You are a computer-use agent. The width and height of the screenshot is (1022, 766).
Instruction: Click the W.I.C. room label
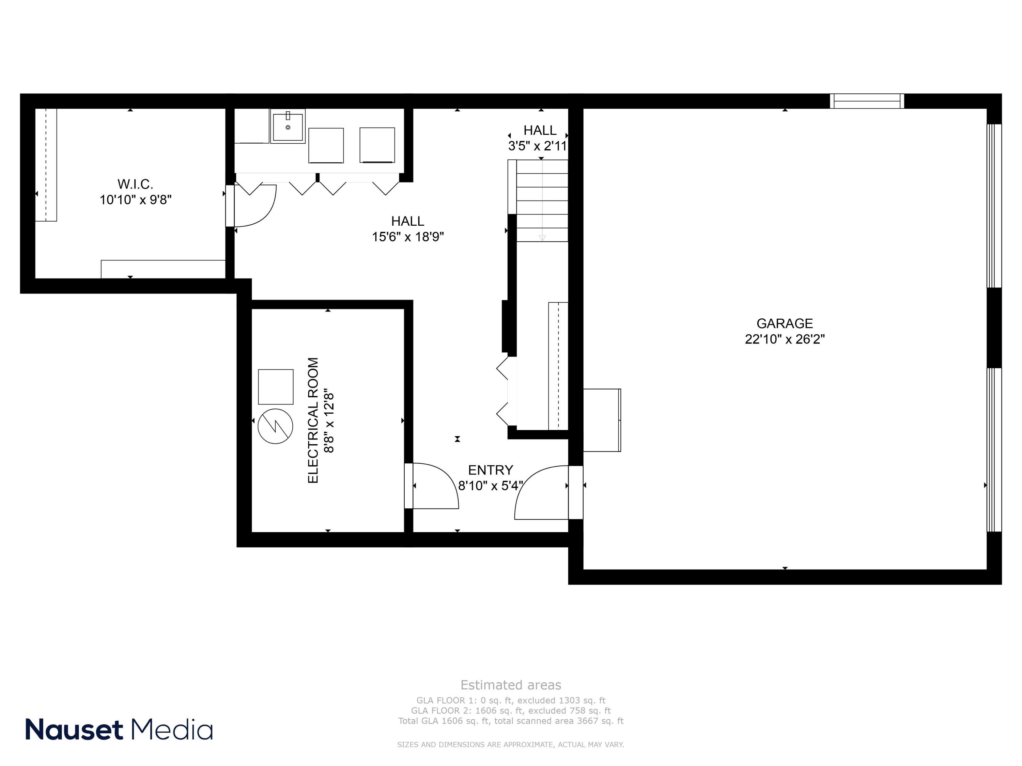[135, 184]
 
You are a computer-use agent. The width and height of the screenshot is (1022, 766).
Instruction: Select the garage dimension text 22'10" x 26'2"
[785, 339]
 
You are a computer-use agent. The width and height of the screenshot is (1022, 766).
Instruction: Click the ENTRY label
[490, 470]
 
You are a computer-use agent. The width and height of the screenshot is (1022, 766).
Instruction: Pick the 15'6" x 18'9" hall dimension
[408, 237]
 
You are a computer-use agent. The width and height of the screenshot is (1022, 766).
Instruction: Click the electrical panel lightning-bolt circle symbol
[275, 426]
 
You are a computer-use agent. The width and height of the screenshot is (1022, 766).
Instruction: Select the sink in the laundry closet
[288, 127]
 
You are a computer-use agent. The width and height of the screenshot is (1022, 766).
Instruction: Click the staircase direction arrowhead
[542, 238]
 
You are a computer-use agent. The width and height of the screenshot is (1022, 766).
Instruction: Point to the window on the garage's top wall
[867, 101]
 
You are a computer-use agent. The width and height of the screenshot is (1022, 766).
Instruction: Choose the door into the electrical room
[432, 486]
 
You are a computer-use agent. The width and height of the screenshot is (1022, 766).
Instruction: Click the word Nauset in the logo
[74, 730]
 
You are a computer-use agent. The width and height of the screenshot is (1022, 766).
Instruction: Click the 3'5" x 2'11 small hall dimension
[537, 146]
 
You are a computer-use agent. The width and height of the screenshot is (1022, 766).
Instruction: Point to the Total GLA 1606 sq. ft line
[511, 721]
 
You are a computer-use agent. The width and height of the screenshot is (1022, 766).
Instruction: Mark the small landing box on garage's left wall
[602, 420]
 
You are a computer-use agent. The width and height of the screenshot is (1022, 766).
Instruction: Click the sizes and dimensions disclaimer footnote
[511, 744]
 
